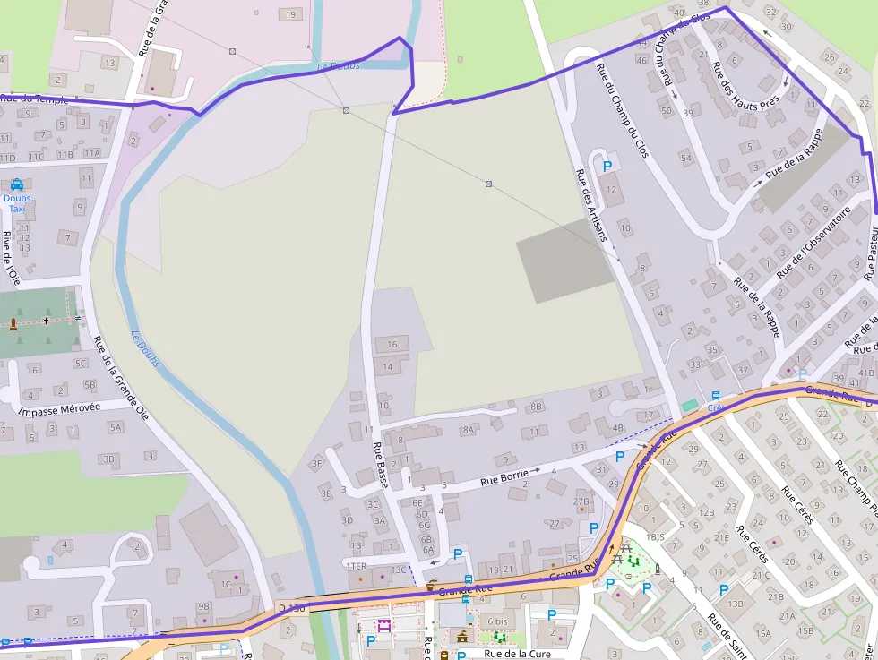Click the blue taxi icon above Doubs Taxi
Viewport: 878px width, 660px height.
(x=17, y=184)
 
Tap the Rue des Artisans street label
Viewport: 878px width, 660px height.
(x=590, y=206)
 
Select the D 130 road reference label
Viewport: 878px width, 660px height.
(x=292, y=609)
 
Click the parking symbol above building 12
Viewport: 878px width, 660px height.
(x=607, y=166)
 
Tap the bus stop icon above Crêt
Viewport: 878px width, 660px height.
(x=715, y=396)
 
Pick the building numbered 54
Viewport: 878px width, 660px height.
(x=686, y=159)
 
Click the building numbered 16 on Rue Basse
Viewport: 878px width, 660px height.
(x=391, y=345)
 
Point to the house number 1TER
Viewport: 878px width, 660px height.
(x=356, y=566)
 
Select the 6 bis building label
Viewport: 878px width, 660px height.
(x=497, y=621)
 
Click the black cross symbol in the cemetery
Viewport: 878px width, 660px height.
(x=46, y=319)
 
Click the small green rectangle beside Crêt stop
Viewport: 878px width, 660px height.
(x=688, y=406)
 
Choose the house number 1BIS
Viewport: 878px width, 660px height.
(x=655, y=536)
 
